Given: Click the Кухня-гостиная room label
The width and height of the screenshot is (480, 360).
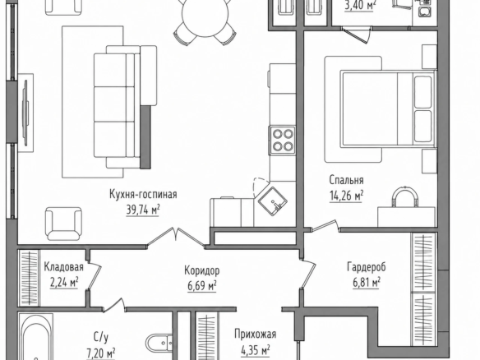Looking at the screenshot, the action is tap(143, 195).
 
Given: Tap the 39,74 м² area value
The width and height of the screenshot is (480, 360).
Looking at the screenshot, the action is tap(143, 210).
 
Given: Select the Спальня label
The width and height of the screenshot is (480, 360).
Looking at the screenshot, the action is tap(346, 180).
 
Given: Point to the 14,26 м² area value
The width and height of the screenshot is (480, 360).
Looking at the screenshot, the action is tap(346, 196).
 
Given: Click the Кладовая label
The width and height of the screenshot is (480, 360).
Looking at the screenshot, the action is tap(63, 267).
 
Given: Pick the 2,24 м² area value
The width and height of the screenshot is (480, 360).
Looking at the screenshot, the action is tap(64, 283).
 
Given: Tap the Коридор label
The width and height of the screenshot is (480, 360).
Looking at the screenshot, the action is tap(201, 270).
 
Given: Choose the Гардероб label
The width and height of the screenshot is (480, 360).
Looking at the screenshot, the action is tap(367, 267).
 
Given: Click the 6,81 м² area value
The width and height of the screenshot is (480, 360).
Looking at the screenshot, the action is tap(367, 282).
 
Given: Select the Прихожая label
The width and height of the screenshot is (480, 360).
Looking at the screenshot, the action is tap(256, 334).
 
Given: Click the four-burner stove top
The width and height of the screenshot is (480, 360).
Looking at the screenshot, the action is tap(283, 141).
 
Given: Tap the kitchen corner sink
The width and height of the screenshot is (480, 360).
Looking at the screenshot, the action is tap(273, 201).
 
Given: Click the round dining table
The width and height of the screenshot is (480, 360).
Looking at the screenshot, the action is tap(205, 15).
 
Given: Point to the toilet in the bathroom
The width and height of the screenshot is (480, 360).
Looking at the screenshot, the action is tap(159, 343).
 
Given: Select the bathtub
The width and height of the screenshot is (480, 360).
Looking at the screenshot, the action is tap(35, 337).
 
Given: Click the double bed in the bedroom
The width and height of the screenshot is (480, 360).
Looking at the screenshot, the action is tap(387, 108).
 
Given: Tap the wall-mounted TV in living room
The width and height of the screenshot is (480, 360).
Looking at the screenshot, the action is tap(25, 113).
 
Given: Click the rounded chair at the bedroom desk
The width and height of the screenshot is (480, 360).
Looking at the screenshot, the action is tap(405, 196).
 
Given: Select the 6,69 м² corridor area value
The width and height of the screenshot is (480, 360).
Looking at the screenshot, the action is tap(202, 286).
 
